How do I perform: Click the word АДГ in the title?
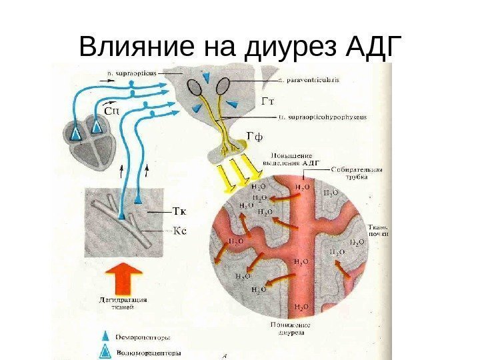tap(366, 47)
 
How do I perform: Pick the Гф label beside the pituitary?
tap(255, 137)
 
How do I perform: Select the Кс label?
tap(179, 231)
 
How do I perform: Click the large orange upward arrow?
tap(124, 277)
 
